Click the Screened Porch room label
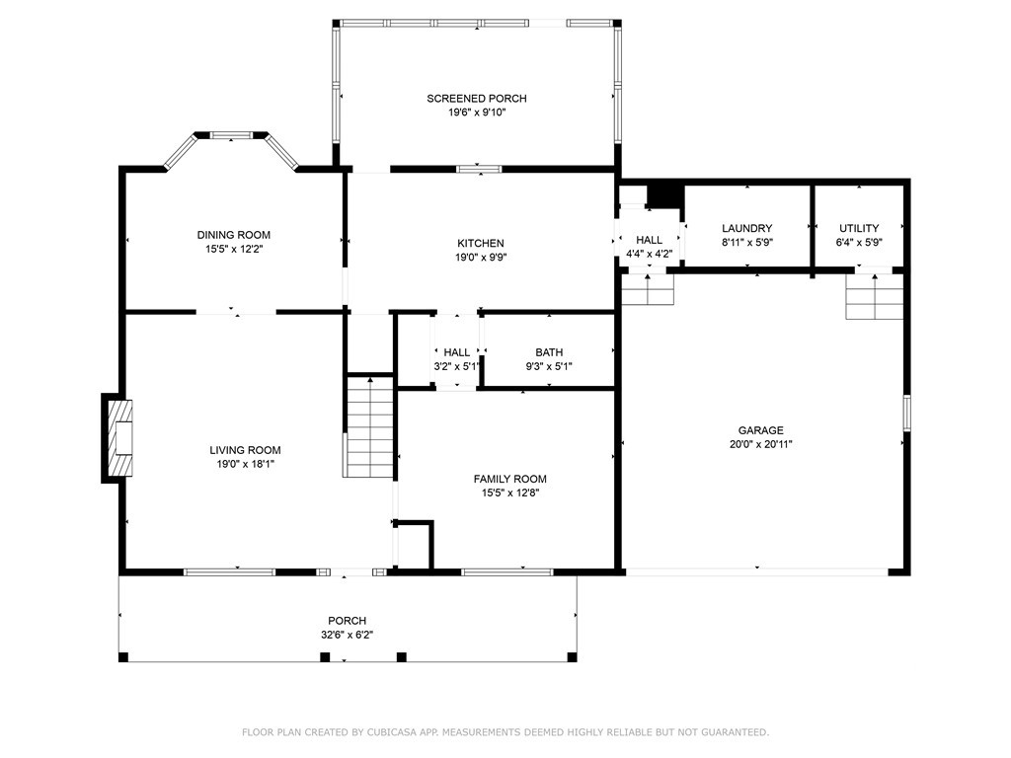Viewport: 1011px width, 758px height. click(476, 98)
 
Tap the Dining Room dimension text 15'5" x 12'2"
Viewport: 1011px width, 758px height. click(233, 250)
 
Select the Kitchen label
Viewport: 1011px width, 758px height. click(480, 243)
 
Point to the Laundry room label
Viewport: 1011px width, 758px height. click(746, 228)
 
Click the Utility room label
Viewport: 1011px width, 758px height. click(858, 228)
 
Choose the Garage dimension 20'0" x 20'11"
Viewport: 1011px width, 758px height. click(760, 444)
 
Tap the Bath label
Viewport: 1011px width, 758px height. click(549, 352)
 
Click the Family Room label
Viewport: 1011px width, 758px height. click(509, 479)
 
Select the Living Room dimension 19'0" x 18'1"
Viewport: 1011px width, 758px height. click(244, 464)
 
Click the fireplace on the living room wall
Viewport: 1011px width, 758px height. click(119, 438)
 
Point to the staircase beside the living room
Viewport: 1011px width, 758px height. click(369, 426)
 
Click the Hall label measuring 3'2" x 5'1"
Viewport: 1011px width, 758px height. click(457, 352)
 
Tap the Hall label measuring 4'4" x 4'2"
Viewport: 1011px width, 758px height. click(649, 240)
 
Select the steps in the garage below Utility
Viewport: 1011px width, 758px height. click(874, 297)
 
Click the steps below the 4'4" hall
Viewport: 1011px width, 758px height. click(648, 290)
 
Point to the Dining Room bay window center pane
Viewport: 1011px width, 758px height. click(232, 135)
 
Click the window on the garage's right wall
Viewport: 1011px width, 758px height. click(906, 414)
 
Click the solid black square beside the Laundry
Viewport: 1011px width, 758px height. click(666, 194)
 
